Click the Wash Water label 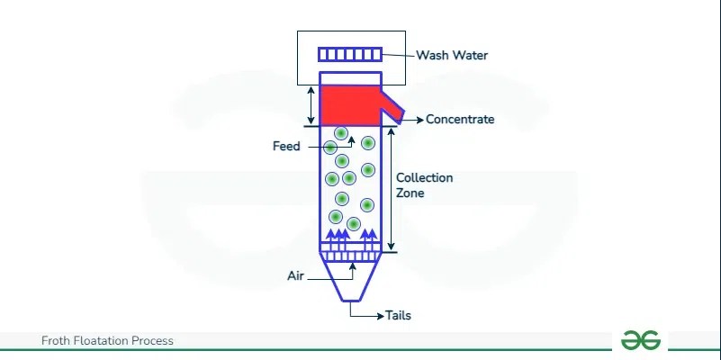451,55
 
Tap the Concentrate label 459,119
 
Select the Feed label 285,146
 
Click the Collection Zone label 424,185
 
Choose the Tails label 398,315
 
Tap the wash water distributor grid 350,55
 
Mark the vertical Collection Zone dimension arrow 392,190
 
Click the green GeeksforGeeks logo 641,339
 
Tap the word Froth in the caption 57,341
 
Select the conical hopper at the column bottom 350,283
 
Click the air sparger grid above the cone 350,256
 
